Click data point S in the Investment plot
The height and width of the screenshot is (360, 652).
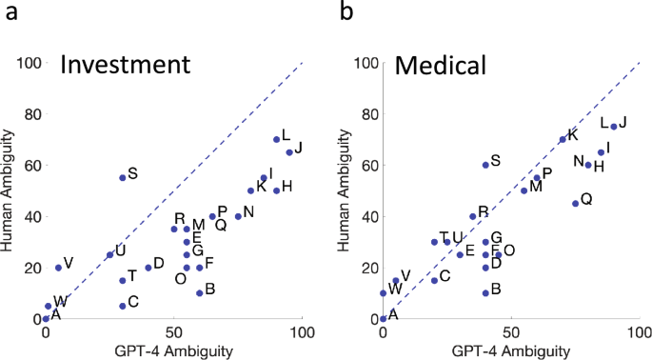coord(123,177)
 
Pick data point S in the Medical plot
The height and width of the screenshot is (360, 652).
coord(485,165)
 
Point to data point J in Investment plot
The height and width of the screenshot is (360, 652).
coord(289,152)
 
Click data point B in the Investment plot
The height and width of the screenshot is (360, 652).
coord(200,292)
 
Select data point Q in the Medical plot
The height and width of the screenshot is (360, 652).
coord(575,203)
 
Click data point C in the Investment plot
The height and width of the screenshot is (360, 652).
coord(123,306)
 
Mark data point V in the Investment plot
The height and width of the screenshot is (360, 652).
coord(58,268)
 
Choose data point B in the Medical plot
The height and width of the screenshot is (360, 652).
coord(485,292)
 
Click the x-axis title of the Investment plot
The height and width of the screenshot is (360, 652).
coord(174,351)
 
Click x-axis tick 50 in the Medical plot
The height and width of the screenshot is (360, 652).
coord(511,334)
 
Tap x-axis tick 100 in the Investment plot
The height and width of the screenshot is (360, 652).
coord(302,334)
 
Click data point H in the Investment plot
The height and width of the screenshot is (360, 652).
coord(276,190)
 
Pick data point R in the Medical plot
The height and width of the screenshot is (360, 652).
coord(472,216)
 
